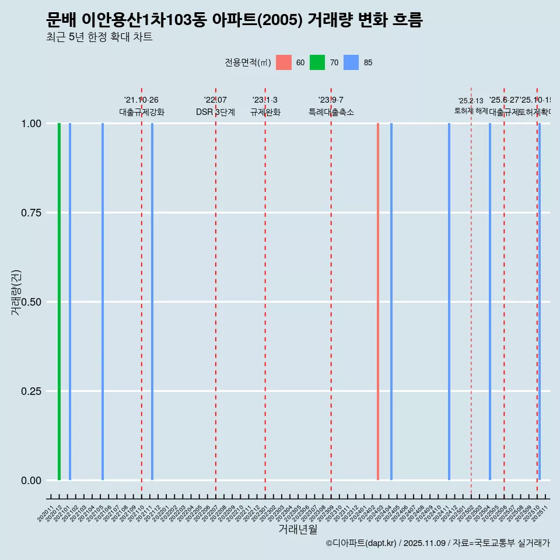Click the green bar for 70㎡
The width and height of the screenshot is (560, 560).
pyautogui.click(x=59, y=302)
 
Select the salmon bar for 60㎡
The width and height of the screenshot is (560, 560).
pyautogui.click(x=378, y=302)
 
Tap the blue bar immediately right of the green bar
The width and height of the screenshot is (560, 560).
pyautogui.click(x=70, y=302)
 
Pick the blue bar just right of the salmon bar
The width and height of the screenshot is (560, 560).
pyautogui.click(x=391, y=302)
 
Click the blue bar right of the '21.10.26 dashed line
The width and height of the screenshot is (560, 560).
pyautogui.click(x=152, y=302)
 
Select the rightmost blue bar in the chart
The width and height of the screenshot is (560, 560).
pyautogui.click(x=540, y=302)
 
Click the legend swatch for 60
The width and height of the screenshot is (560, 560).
pyautogui.click(x=283, y=62)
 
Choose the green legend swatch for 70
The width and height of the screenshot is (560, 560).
pyautogui.click(x=317, y=62)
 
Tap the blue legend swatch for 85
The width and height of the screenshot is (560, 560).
pyautogui.click(x=351, y=62)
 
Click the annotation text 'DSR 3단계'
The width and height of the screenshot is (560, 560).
pyautogui.click(x=215, y=112)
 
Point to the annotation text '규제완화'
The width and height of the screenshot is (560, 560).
pyautogui.click(x=265, y=112)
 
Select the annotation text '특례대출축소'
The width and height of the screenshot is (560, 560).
pyautogui.click(x=331, y=112)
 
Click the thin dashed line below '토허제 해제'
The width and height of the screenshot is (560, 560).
pyautogui.click(x=471, y=292)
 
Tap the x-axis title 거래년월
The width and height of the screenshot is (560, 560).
pyautogui.click(x=297, y=530)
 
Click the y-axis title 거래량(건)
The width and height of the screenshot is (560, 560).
pyautogui.click(x=16, y=293)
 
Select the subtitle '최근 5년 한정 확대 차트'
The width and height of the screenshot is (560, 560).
pyautogui.click(x=99, y=37)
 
